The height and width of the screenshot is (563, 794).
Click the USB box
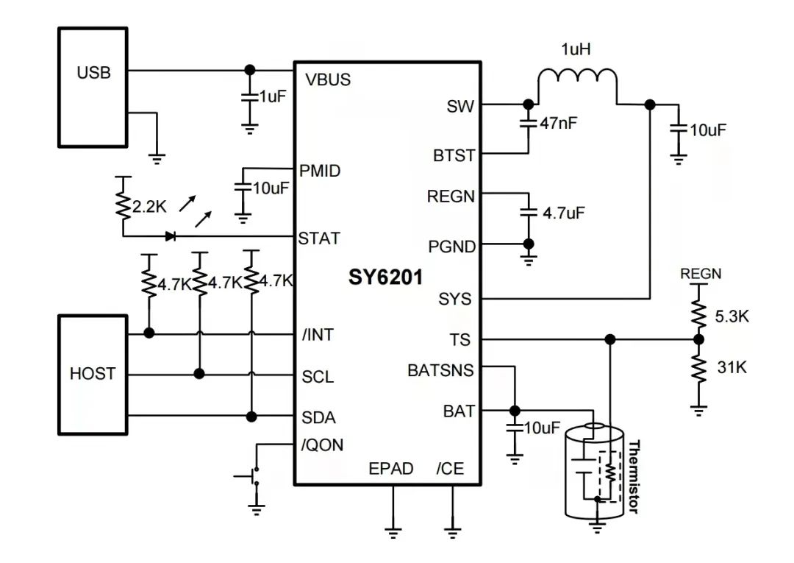(x=93, y=87)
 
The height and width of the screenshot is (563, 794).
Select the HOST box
(x=93, y=374)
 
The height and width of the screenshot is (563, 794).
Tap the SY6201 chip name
(x=386, y=277)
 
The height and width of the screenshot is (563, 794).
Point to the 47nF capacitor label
(x=558, y=124)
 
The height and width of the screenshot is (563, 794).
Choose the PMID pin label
(x=320, y=171)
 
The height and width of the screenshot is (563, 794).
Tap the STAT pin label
(x=319, y=238)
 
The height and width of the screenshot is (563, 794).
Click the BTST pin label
(x=454, y=156)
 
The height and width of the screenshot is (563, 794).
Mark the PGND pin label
(x=451, y=246)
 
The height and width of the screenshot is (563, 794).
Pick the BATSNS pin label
(x=440, y=370)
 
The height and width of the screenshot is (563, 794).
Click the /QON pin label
(x=322, y=445)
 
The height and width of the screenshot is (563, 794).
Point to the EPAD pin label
(x=391, y=468)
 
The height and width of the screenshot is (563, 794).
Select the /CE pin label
(x=450, y=468)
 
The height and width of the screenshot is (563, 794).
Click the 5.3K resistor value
(x=732, y=317)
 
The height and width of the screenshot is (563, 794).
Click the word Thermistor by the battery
(x=634, y=477)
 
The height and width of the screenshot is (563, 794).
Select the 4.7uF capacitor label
(x=563, y=213)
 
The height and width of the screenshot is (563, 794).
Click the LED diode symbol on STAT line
(x=171, y=236)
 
